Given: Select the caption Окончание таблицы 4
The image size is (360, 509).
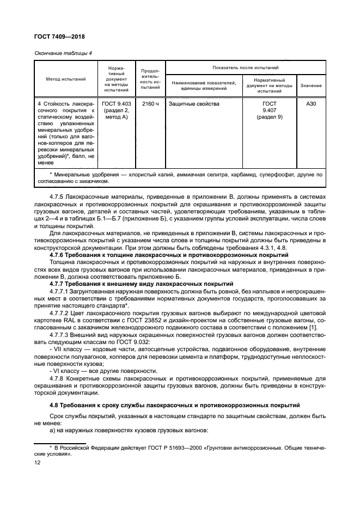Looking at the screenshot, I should (x=63, y=52).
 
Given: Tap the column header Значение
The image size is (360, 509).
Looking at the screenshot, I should (x=310, y=86).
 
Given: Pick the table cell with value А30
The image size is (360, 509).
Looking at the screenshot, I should (x=310, y=103).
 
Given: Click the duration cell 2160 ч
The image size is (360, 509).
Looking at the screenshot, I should (x=150, y=103).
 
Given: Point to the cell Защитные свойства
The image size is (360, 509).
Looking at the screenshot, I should (x=194, y=103).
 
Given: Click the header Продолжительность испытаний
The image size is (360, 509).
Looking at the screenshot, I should (x=150, y=79).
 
